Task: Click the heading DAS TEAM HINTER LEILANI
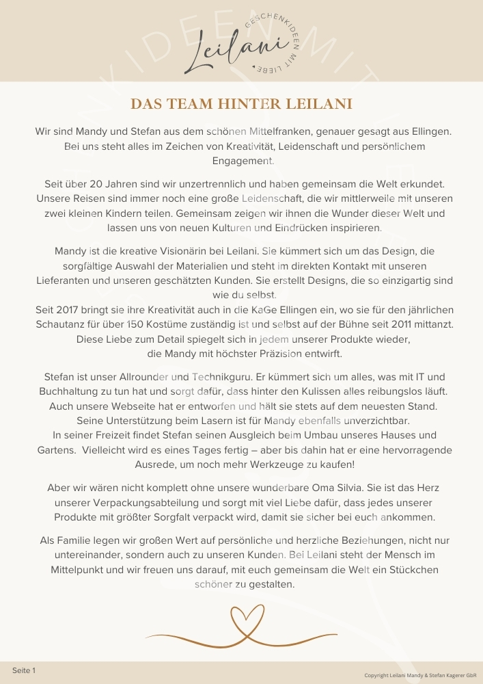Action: click(x=241, y=104)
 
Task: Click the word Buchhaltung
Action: click(x=72, y=391)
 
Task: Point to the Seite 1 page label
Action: click(x=24, y=670)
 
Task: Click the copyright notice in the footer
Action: click(x=420, y=674)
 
